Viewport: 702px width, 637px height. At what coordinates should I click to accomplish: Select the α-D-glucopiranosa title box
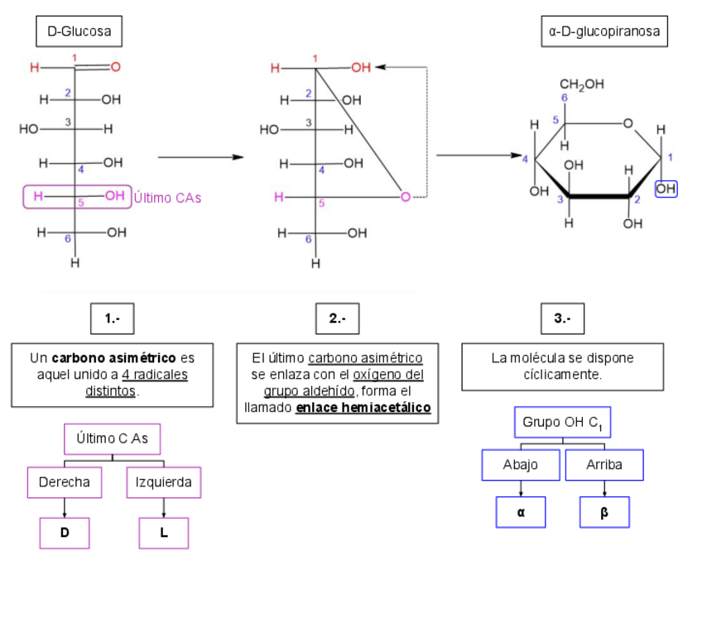click(x=603, y=34)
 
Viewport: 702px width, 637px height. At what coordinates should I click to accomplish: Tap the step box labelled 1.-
click(x=112, y=318)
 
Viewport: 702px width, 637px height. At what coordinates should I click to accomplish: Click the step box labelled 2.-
click(x=337, y=318)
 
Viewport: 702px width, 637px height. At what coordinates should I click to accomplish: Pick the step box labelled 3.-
click(x=562, y=318)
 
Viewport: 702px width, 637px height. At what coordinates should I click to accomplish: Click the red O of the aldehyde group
click(x=115, y=67)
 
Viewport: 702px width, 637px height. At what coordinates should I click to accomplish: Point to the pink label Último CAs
click(x=167, y=198)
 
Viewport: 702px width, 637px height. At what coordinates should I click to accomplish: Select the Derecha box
click(x=65, y=482)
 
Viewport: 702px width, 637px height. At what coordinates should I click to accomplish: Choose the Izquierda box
click(x=164, y=482)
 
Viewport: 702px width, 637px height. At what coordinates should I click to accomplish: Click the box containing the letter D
click(x=65, y=533)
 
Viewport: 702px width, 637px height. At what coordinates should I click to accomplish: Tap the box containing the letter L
click(x=164, y=533)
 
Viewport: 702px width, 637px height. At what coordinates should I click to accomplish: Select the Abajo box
click(x=520, y=465)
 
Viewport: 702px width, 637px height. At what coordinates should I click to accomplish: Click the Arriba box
click(x=604, y=465)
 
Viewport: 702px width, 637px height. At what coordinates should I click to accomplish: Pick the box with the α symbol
click(x=521, y=512)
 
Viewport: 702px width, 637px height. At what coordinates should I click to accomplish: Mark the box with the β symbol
click(x=604, y=512)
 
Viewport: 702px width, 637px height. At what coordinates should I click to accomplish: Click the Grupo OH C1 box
click(x=562, y=423)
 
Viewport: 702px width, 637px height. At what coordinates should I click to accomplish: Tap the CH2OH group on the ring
click(x=581, y=84)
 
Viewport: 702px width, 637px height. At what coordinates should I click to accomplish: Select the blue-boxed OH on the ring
click(x=666, y=189)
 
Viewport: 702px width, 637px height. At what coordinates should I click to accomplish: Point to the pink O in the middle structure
click(x=405, y=197)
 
